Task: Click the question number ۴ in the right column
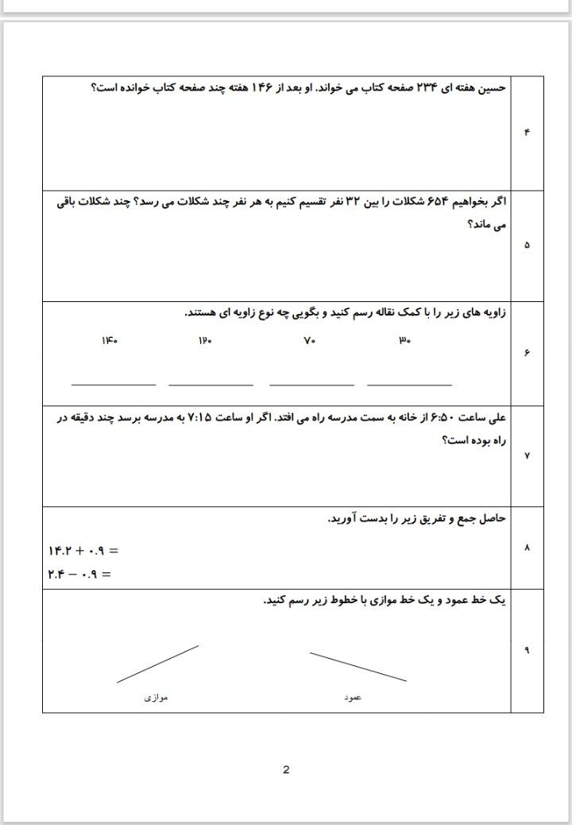click(x=527, y=132)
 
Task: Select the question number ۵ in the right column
click(x=527, y=245)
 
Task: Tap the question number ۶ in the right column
click(x=527, y=354)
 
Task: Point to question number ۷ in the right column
click(x=527, y=455)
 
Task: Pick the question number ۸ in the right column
click(x=527, y=548)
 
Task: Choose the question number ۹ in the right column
click(x=527, y=650)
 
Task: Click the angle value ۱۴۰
click(x=110, y=341)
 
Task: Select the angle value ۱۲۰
click(x=206, y=341)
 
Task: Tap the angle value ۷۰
click(x=309, y=341)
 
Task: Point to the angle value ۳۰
click(x=404, y=341)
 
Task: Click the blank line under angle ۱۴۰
click(x=114, y=385)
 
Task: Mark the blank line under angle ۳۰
click(x=409, y=385)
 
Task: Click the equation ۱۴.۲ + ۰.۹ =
click(x=83, y=550)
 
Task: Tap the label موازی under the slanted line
click(x=156, y=697)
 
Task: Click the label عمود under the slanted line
click(x=353, y=697)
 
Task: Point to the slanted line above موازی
click(x=157, y=664)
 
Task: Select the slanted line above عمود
click(x=357, y=667)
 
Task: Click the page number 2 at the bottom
click(x=286, y=769)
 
